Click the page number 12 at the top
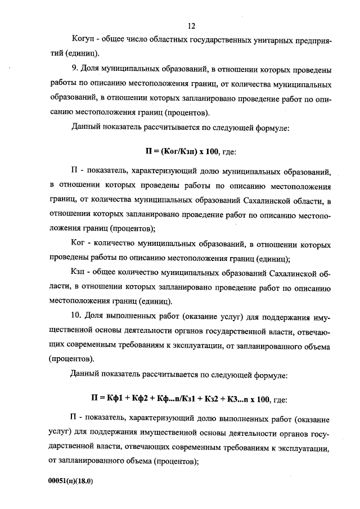[192, 26]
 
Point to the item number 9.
[75, 70]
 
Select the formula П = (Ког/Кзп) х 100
[177, 152]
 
